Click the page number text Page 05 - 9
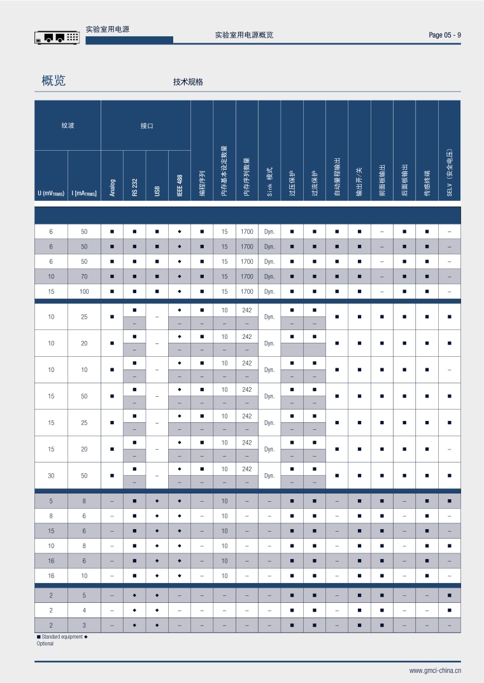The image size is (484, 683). (x=445, y=35)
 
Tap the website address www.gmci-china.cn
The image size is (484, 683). (x=435, y=670)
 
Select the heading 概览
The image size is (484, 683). (x=53, y=81)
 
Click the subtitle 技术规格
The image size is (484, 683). (x=188, y=82)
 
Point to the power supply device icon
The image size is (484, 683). (x=57, y=38)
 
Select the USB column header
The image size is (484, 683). (x=157, y=190)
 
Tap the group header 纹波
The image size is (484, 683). (x=68, y=126)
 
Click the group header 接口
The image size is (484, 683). (x=146, y=126)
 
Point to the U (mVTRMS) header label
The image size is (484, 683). (x=51, y=193)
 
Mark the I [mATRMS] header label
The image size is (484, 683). (x=84, y=193)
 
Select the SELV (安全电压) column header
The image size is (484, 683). (x=449, y=173)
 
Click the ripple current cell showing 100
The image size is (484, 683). (x=84, y=292)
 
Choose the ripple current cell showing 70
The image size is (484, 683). (x=84, y=277)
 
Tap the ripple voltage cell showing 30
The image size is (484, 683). (x=51, y=475)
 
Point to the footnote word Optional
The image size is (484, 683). (x=45, y=644)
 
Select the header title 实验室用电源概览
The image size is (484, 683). (x=245, y=35)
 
